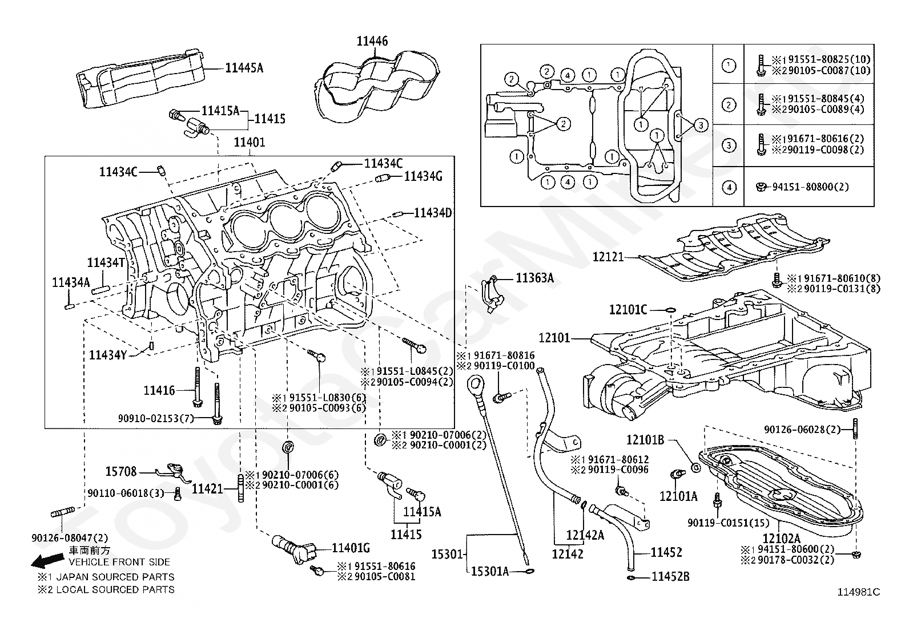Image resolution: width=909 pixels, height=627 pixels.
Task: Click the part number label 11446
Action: click(x=372, y=42)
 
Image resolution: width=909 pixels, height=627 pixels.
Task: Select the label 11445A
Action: click(x=244, y=68)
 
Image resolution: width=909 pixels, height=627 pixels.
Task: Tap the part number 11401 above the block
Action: click(x=249, y=143)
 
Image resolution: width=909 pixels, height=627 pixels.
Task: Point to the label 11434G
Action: click(x=423, y=176)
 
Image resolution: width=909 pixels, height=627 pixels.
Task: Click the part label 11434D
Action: click(x=433, y=213)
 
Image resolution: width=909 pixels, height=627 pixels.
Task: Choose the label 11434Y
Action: click(x=107, y=355)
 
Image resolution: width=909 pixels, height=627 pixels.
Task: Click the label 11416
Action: click(x=159, y=391)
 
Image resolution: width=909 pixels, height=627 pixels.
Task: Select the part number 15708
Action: click(x=121, y=472)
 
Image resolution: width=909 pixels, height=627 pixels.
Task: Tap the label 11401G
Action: click(x=351, y=548)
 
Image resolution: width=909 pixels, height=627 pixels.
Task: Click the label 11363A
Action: click(x=534, y=278)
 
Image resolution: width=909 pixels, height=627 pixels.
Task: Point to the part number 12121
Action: click(x=608, y=257)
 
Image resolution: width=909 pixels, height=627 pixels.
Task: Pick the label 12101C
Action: click(x=628, y=310)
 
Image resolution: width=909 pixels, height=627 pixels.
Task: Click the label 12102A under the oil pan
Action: click(x=781, y=539)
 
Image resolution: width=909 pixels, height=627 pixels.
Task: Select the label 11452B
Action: click(x=670, y=577)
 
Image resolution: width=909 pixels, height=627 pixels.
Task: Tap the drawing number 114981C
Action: click(x=859, y=593)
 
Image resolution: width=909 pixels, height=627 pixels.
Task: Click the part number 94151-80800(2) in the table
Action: click(x=810, y=187)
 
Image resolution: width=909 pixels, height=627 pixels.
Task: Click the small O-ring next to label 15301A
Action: click(x=529, y=572)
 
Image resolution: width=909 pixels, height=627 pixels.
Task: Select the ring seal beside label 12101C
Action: click(x=671, y=310)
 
